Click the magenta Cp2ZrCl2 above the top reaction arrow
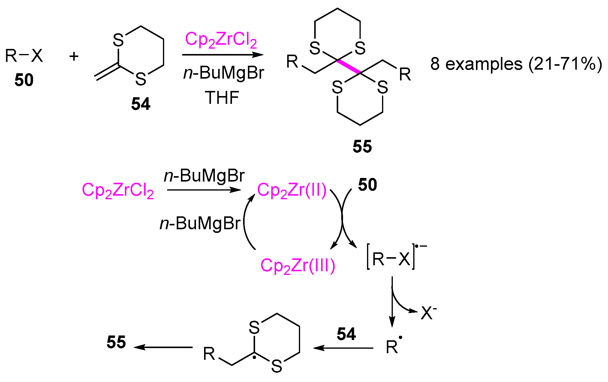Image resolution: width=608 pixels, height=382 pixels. click(x=221, y=40)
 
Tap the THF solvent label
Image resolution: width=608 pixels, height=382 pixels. click(x=222, y=98)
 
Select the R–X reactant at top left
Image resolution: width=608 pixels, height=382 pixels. click(x=24, y=56)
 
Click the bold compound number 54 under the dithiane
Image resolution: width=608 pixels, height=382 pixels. click(x=140, y=104)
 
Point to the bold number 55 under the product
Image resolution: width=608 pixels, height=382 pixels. click(x=362, y=146)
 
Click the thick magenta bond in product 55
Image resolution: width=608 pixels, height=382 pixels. click(x=349, y=67)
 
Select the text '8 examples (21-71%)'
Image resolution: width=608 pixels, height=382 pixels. click(x=516, y=64)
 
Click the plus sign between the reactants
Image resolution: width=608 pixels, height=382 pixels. click(x=74, y=56)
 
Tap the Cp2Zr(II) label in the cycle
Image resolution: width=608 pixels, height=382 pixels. click(x=291, y=191)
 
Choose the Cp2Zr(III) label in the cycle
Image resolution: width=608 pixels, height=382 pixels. click(x=297, y=266)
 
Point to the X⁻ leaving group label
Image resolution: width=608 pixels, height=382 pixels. click(x=429, y=313)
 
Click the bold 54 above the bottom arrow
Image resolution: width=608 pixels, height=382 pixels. click(x=346, y=334)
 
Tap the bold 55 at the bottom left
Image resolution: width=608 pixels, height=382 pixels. click(x=116, y=342)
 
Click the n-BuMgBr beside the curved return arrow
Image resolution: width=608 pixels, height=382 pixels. click(x=200, y=224)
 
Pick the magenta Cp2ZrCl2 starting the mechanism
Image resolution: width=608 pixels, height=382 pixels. click(x=118, y=191)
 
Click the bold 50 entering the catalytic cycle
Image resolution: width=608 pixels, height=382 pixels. click(x=367, y=185)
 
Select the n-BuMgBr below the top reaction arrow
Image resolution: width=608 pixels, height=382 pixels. click(x=224, y=73)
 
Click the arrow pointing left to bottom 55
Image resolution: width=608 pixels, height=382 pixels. click(x=164, y=347)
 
